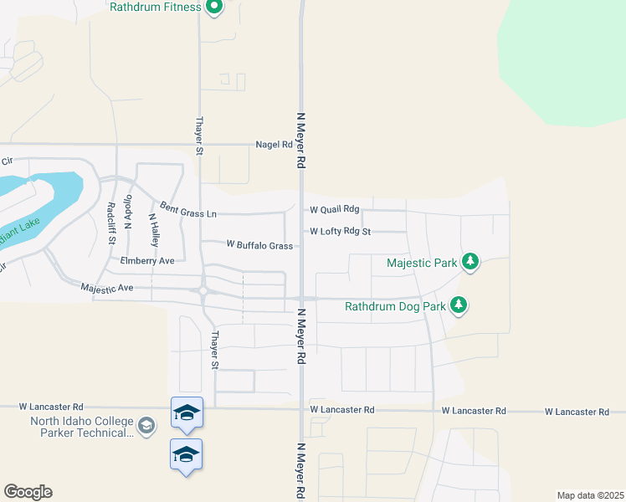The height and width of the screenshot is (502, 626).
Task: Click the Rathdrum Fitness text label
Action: coord(156,8)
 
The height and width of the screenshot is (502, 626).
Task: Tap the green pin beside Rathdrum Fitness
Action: coord(214,8)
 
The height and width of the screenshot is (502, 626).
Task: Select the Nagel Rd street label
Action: coord(274,145)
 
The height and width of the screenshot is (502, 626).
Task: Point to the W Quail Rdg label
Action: coord(334,210)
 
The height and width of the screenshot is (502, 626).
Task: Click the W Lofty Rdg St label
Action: coord(340,231)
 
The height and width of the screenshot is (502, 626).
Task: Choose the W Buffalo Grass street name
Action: coord(259,245)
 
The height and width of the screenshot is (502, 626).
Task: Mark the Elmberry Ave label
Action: coord(147,261)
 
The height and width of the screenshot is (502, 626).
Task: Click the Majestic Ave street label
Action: coord(107,288)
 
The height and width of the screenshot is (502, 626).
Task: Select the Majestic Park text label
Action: coord(422,263)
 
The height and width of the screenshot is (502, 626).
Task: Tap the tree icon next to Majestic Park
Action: coord(471,263)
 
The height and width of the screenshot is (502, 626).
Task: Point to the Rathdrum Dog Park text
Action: coord(395,306)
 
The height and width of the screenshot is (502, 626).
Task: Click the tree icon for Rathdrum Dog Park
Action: coord(459,305)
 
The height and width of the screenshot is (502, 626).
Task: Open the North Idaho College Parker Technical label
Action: coord(81,427)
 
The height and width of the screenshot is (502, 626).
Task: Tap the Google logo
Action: coord(28,492)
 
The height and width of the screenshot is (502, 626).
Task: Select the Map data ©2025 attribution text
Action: coord(589,495)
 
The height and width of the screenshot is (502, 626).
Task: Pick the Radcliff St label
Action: coord(111,223)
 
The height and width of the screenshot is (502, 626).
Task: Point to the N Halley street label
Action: coord(154,229)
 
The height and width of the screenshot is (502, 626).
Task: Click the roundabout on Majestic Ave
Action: coord(203,291)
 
